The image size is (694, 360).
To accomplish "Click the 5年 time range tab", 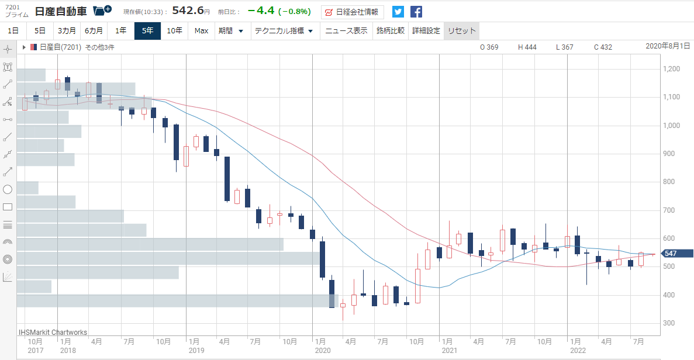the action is pos(147,31).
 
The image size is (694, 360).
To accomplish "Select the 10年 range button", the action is pos(174,31).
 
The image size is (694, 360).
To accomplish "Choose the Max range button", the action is pos(201,31).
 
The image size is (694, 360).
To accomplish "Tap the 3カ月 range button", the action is pos(67,31).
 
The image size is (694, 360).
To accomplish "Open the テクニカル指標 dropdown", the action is pos(284,31).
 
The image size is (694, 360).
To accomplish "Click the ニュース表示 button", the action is pos(346,31).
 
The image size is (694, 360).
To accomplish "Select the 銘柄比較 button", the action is pos(391,31).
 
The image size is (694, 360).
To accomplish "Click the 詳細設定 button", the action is pos(426,31).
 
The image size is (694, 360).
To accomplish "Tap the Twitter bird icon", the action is pos(398,12).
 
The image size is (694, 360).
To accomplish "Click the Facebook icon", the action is pos(416,12).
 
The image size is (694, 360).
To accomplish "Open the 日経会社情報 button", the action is pos(353,12).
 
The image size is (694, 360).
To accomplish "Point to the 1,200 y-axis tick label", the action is pos(671,69).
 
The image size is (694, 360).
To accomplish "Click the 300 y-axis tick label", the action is pos(669,323).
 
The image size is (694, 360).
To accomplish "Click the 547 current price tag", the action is pos(676,254).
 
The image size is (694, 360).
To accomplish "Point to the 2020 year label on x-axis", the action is pos(323,351).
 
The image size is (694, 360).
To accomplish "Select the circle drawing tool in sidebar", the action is pos(8,190).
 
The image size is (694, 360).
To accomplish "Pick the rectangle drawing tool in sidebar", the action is pos(8,207).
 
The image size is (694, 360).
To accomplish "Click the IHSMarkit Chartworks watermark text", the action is pos(53,332).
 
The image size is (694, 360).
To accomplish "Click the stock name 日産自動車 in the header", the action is pos(61,12).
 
